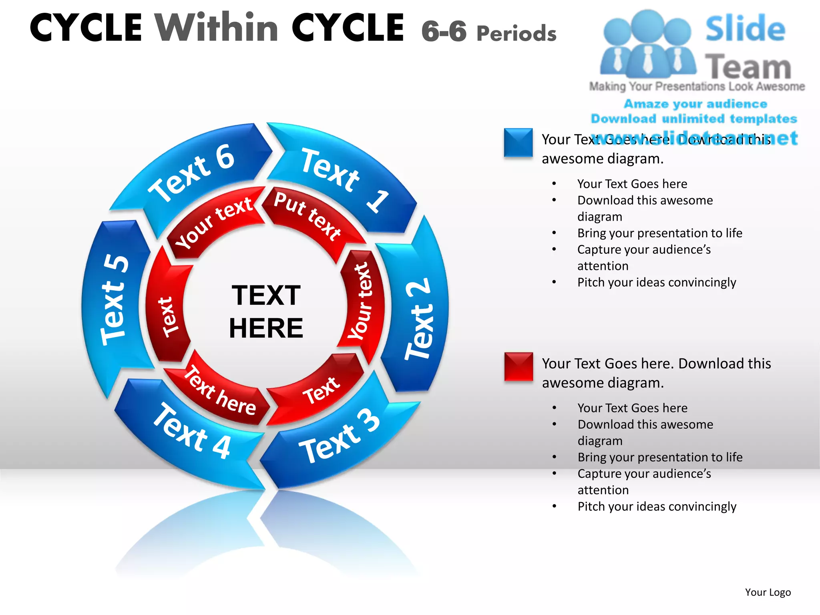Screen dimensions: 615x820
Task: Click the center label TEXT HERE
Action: click(266, 312)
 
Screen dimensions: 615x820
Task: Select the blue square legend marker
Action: click(518, 143)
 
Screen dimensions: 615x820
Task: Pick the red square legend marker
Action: click(519, 366)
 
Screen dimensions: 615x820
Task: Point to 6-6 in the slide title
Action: click(444, 31)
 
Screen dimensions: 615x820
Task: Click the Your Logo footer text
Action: click(768, 592)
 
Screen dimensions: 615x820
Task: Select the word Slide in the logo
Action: click(745, 29)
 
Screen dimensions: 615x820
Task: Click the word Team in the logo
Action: click(748, 66)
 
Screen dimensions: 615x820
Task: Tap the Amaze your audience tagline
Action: click(695, 104)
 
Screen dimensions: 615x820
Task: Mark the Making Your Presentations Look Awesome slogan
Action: click(697, 86)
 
